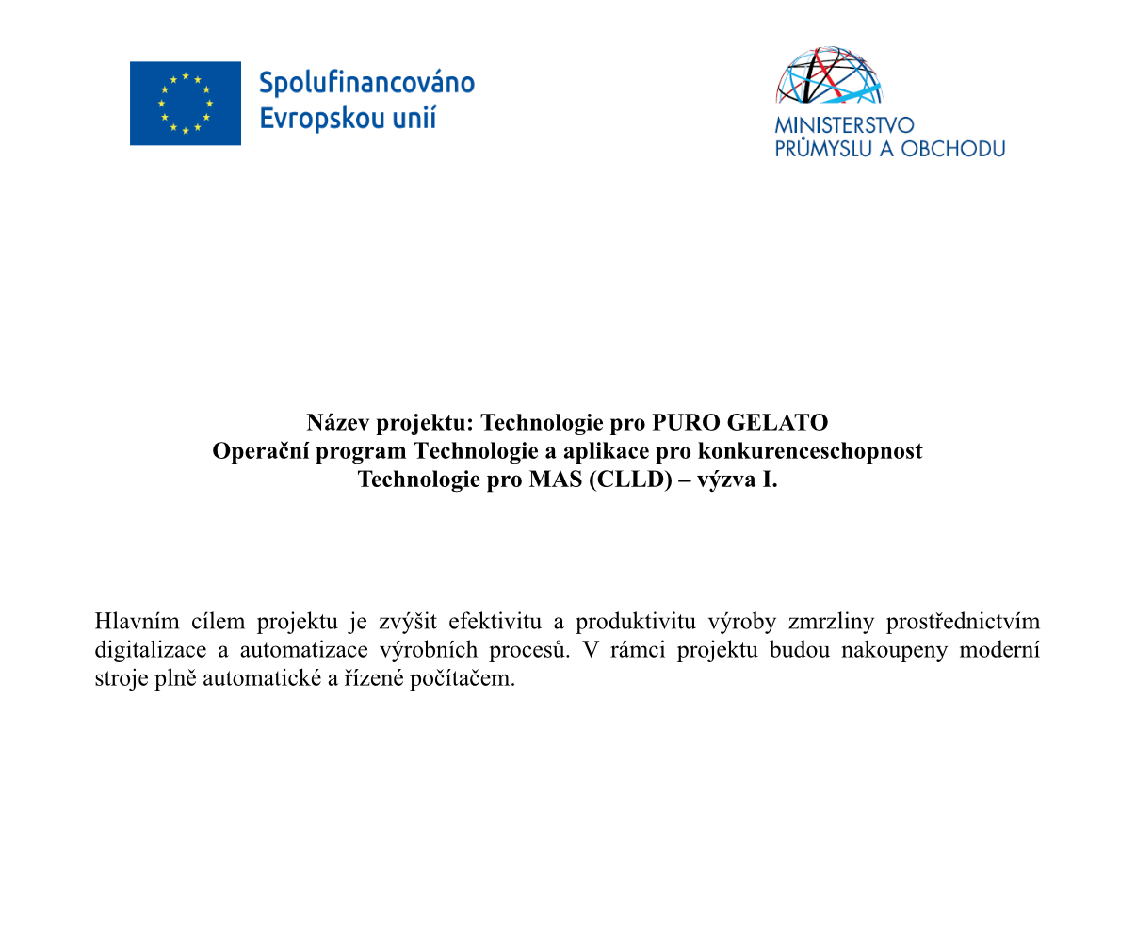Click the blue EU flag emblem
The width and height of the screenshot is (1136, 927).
185,104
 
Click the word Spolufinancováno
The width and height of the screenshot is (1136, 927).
366,83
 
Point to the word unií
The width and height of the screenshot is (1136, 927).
415,119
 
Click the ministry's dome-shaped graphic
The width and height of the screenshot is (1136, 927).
829,75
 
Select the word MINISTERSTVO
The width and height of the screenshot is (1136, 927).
844,125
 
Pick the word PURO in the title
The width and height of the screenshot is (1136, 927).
685,422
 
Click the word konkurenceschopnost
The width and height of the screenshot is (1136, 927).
809,451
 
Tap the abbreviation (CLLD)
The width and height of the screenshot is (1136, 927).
630,480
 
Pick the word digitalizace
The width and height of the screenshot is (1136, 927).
150,650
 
